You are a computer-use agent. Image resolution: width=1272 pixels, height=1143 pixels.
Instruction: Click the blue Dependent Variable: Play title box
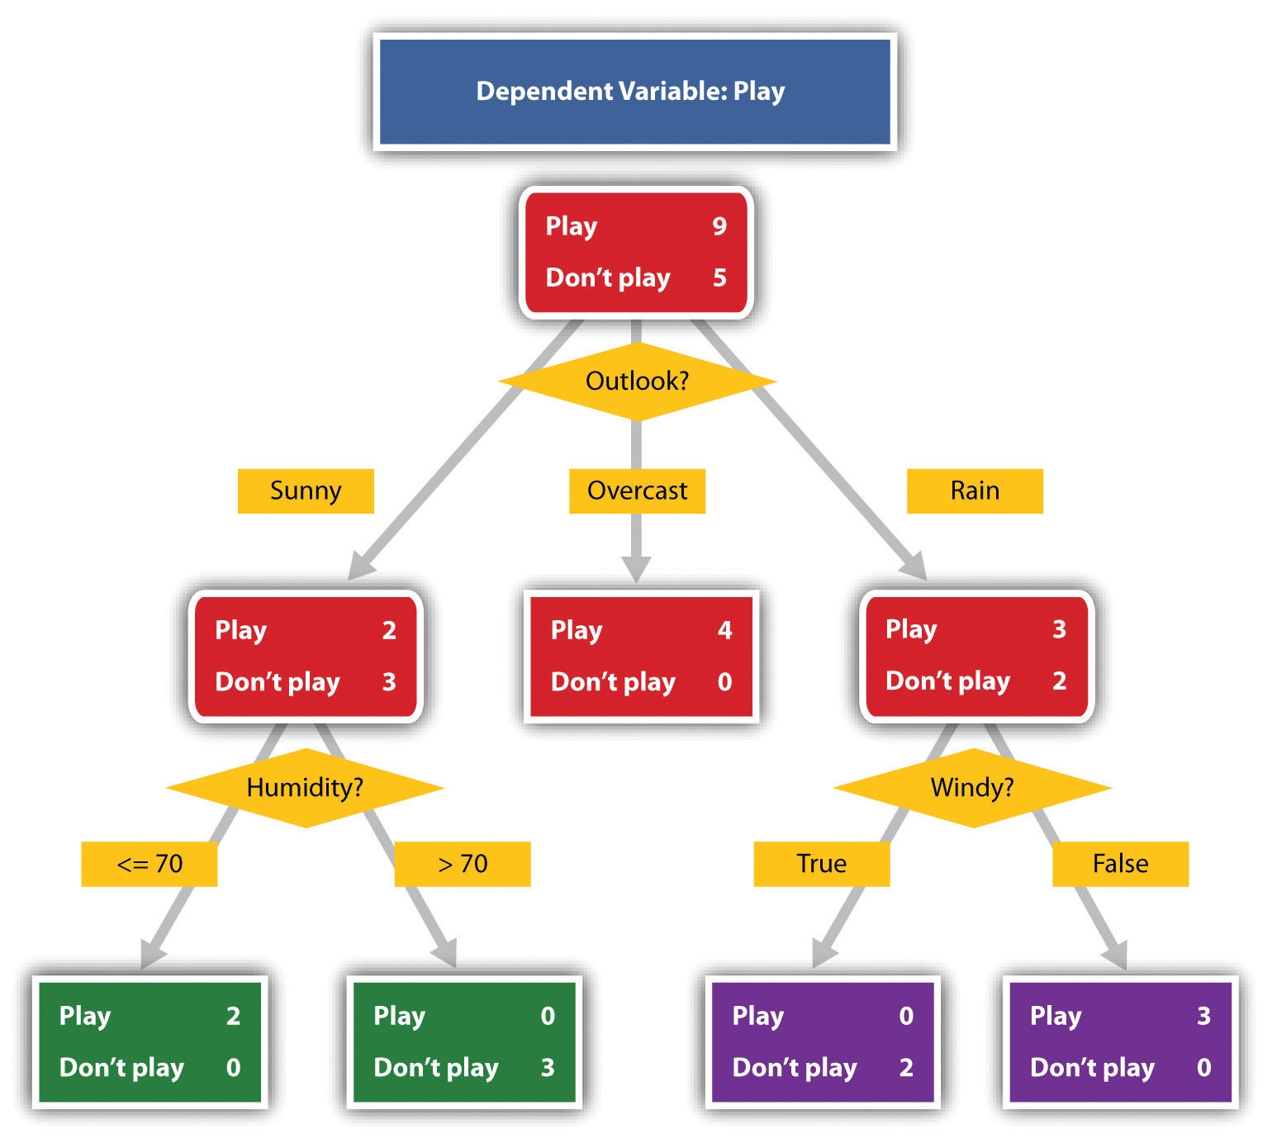[634, 92]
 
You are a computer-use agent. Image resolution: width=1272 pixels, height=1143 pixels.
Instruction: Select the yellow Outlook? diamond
[636, 381]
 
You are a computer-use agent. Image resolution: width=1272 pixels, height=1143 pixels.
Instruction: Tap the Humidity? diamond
[305, 787]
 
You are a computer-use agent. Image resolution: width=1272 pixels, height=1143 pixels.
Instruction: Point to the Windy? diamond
[972, 787]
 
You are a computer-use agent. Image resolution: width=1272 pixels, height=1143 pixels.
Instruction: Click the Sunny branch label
[306, 491]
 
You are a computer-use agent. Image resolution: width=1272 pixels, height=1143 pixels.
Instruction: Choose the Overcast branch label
[637, 491]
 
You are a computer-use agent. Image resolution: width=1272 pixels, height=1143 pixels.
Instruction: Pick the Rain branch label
[975, 491]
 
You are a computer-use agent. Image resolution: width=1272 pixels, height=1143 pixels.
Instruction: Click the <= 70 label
[150, 864]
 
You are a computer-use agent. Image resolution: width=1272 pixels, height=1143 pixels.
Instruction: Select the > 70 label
[463, 864]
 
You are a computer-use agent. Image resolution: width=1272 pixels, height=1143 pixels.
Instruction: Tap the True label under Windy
[821, 864]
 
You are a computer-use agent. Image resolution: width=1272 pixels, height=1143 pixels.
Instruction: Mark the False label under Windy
[1120, 864]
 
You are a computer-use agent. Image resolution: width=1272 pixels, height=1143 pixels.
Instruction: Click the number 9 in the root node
[719, 226]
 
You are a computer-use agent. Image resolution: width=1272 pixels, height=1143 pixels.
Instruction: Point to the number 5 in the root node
[719, 277]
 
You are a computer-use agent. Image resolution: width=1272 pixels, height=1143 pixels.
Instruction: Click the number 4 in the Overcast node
[724, 630]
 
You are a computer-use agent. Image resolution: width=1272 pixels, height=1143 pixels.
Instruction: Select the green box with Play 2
[150, 1041]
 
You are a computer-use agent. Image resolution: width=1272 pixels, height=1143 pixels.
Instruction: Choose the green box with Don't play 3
[464, 1041]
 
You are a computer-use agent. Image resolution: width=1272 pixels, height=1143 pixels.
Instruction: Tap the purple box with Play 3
[1120, 1041]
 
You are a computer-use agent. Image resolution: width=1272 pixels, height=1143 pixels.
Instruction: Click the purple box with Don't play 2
[823, 1041]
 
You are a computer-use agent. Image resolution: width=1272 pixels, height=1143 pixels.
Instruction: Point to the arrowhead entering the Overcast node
[636, 569]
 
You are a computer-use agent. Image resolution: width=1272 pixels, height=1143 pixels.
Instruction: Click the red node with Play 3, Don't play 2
[976, 656]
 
